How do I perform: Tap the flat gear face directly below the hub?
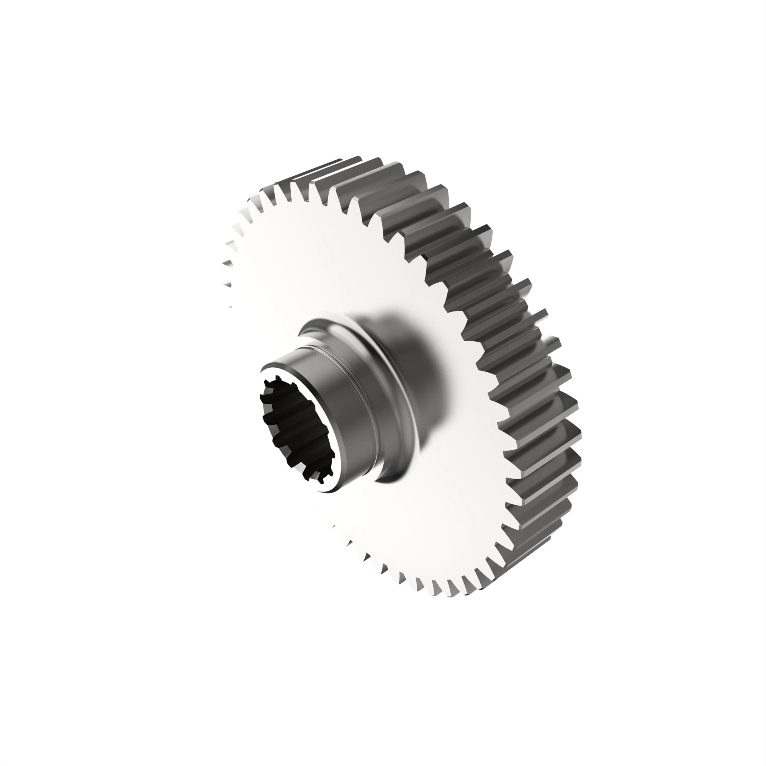[396, 535]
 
